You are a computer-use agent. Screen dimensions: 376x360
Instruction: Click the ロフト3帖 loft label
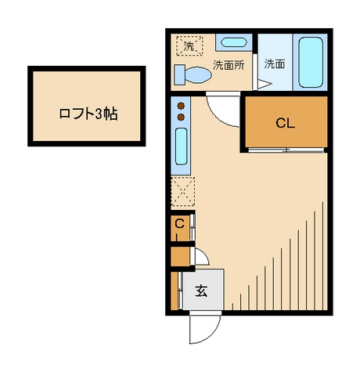pyautogui.click(x=88, y=113)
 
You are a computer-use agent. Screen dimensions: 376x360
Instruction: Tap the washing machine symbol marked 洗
pyautogui.click(x=189, y=46)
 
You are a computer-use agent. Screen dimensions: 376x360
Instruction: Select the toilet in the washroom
pyautogui.click(x=193, y=74)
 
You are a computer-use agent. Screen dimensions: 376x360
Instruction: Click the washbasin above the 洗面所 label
pyautogui.click(x=232, y=43)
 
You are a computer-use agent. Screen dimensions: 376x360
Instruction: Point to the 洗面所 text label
pyautogui.click(x=229, y=65)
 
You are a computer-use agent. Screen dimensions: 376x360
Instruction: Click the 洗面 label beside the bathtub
pyautogui.click(x=274, y=64)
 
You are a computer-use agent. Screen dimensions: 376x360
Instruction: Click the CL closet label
pyautogui.click(x=285, y=122)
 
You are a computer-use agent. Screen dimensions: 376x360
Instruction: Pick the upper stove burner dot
pyautogui.click(x=182, y=105)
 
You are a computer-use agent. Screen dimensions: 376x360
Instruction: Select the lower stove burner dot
pyautogui.click(x=182, y=117)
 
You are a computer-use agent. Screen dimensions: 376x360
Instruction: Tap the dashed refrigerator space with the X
pyautogui.click(x=182, y=190)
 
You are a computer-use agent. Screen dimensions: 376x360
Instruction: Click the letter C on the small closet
pyautogui.click(x=178, y=224)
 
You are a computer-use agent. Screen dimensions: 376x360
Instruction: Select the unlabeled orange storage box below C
pyautogui.click(x=179, y=255)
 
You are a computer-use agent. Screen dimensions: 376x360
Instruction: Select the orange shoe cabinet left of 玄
pyautogui.click(x=175, y=291)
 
